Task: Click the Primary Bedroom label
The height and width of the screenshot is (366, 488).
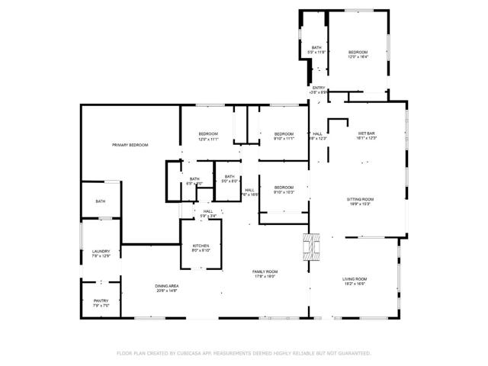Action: pyautogui.click(x=130, y=145)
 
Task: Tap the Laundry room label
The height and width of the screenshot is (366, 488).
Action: pyautogui.click(x=101, y=252)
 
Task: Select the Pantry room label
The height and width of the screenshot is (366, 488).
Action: pyautogui.click(x=101, y=301)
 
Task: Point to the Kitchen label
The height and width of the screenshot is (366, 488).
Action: pyautogui.click(x=201, y=246)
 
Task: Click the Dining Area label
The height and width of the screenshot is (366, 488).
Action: pyautogui.click(x=167, y=286)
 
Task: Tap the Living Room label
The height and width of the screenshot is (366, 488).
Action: pyautogui.click(x=355, y=278)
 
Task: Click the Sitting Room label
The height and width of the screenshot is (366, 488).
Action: pyautogui.click(x=361, y=199)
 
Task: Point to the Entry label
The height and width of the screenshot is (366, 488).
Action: pyautogui.click(x=319, y=88)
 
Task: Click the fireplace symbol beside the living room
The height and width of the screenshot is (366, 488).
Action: pyautogui.click(x=311, y=246)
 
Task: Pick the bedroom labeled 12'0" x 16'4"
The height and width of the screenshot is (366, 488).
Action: pyautogui.click(x=358, y=52)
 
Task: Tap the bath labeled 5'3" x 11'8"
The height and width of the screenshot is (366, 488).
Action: pyautogui.click(x=316, y=48)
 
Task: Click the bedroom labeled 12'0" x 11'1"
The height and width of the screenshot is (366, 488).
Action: pyautogui.click(x=209, y=134)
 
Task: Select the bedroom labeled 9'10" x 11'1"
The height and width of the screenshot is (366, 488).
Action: pyautogui.click(x=284, y=134)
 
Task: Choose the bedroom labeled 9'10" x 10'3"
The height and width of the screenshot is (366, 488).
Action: pyautogui.click(x=284, y=188)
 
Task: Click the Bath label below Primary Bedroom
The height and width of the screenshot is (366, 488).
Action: pyautogui.click(x=101, y=201)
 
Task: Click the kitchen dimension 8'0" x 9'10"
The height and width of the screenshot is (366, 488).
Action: pyautogui.click(x=201, y=250)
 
